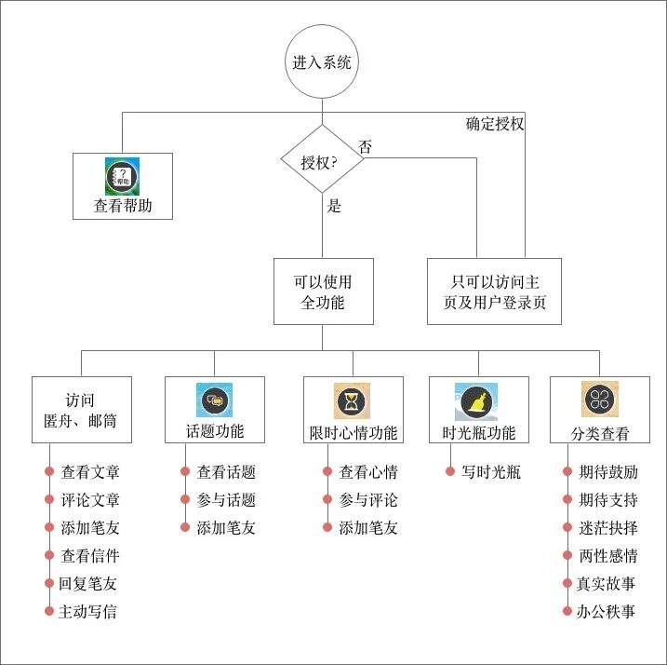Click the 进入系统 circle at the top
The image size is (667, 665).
(322, 64)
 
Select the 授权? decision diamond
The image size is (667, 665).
(322, 161)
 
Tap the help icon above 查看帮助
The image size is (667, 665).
(123, 175)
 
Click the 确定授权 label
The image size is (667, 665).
(495, 123)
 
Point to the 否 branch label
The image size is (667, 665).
(366, 146)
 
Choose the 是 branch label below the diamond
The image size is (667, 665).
(334, 206)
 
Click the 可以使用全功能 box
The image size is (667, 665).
(322, 291)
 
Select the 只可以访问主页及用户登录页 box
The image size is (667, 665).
(494, 291)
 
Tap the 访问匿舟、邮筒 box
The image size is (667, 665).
(81, 409)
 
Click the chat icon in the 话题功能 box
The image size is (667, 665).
(215, 400)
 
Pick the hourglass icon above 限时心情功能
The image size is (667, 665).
(353, 400)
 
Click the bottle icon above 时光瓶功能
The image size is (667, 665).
(478, 400)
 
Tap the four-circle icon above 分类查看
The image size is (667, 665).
(599, 400)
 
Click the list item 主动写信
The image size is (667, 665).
(88, 612)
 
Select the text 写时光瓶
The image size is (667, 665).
(491, 472)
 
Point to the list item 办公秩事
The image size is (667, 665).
(607, 612)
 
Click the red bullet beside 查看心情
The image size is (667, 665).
(327, 472)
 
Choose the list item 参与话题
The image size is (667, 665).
(226, 500)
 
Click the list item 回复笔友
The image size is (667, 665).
(88, 584)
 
